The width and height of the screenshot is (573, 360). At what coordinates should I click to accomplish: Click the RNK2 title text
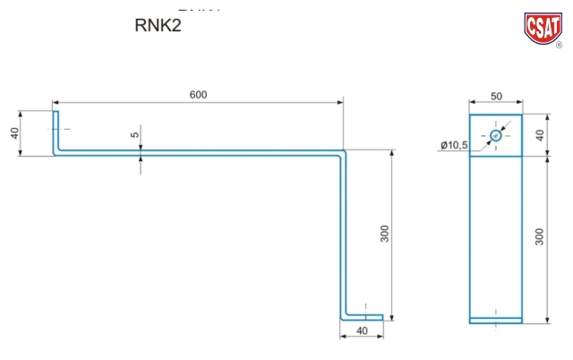[x=158, y=26]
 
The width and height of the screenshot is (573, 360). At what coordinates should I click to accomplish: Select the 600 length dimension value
[x=198, y=96]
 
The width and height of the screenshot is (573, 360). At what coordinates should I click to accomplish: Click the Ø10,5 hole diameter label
[x=454, y=145]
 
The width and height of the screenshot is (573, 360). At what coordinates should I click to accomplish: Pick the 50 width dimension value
[x=495, y=96]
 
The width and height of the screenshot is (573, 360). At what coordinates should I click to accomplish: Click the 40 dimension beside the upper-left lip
[x=14, y=133]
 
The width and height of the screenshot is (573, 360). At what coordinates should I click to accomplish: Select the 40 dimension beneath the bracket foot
[x=361, y=330]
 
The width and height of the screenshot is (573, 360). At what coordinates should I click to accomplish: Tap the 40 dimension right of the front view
[x=539, y=135]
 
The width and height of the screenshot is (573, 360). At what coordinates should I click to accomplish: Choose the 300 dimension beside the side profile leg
[x=384, y=234]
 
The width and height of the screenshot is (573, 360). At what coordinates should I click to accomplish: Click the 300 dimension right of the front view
[x=539, y=238]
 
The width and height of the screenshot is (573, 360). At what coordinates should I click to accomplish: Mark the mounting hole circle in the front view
[x=496, y=135]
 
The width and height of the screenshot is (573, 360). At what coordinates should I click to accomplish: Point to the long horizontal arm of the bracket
[x=197, y=153]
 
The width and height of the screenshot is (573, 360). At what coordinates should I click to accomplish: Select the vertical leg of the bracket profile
[x=343, y=233]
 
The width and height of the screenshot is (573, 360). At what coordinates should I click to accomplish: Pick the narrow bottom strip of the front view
[x=495, y=320]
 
